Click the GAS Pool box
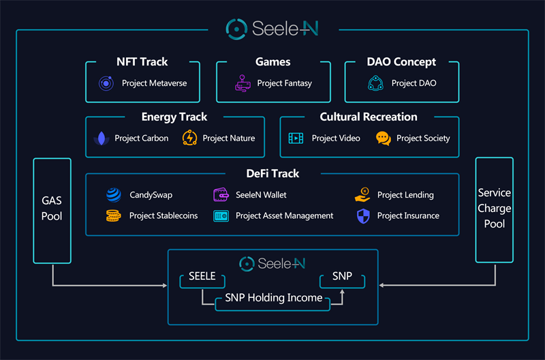click(x=52, y=210)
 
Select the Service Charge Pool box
click(x=494, y=209)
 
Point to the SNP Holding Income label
click(x=274, y=298)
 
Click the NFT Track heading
click(x=142, y=62)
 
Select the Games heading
click(x=272, y=62)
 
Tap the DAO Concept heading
click(x=401, y=62)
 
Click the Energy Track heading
click(x=174, y=117)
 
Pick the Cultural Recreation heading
click(x=369, y=117)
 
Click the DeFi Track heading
click(x=272, y=174)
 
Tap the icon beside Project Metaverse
click(x=106, y=83)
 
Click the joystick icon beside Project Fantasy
click(x=243, y=83)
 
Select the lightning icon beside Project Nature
click(x=189, y=138)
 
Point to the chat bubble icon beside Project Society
click(x=384, y=138)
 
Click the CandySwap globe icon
click(x=114, y=195)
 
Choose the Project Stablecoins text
click(x=163, y=216)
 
